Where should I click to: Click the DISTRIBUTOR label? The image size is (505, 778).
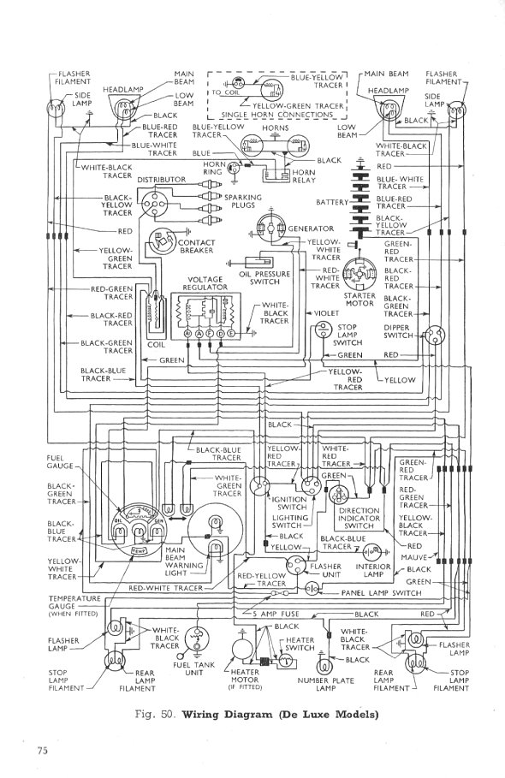pos(161,179)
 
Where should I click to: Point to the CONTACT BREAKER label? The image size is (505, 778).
pos(197,247)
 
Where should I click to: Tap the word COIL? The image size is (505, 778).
pos(155,345)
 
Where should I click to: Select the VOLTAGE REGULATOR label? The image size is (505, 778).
pos(204,284)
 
